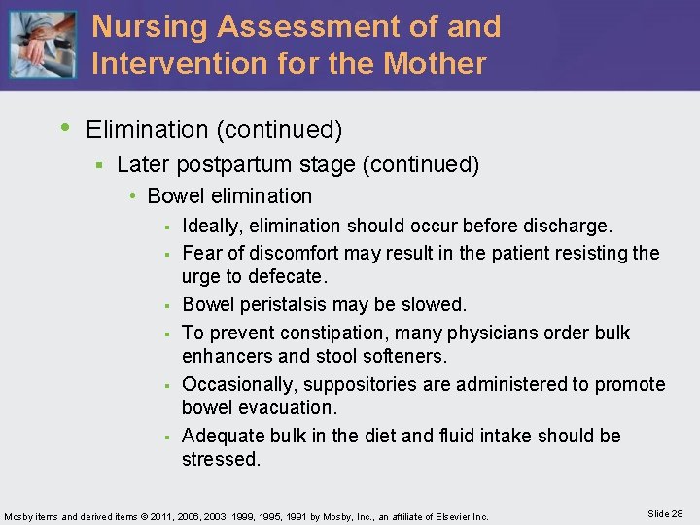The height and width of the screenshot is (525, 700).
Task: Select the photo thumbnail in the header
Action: pos(42,46)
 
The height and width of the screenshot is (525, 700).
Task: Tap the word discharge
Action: pos(568,227)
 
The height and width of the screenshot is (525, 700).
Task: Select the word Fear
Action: pos(201,254)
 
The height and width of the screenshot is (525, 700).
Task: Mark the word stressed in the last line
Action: pos(221,460)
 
